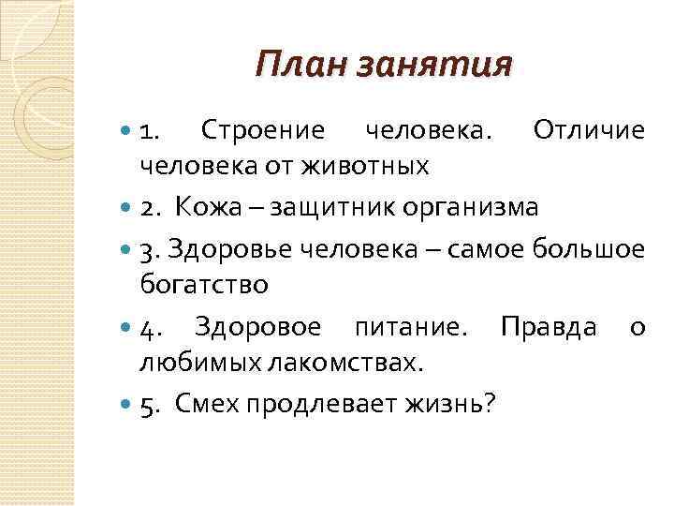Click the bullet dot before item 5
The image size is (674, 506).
(127, 405)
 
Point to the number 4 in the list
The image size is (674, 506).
(146, 328)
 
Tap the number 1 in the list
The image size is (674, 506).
(145, 130)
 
